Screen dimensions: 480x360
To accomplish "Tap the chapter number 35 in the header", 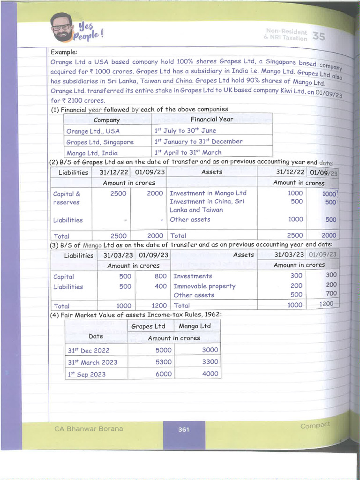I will click(319, 36).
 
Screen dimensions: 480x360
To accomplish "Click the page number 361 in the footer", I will click(184, 429).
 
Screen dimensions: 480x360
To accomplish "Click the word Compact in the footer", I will click(315, 425).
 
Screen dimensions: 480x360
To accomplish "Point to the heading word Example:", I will click(64, 52).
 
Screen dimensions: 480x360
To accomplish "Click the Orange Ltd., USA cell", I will click(93, 131).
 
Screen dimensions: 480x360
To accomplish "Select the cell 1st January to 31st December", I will click(199, 142).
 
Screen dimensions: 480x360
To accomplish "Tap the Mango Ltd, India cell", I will click(92, 153).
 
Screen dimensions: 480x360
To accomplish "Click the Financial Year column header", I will click(212, 119).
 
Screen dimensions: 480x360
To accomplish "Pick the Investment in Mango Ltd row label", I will click(208, 193).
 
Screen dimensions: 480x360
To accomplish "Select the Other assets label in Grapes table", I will click(190, 219).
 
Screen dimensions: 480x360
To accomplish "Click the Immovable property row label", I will click(204, 286).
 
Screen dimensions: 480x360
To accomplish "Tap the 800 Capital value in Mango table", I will click(160, 277).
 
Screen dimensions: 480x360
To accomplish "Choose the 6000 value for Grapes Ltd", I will click(164, 374).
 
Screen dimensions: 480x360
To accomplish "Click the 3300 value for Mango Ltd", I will click(210, 362).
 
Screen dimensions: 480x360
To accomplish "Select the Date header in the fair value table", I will click(96, 336).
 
